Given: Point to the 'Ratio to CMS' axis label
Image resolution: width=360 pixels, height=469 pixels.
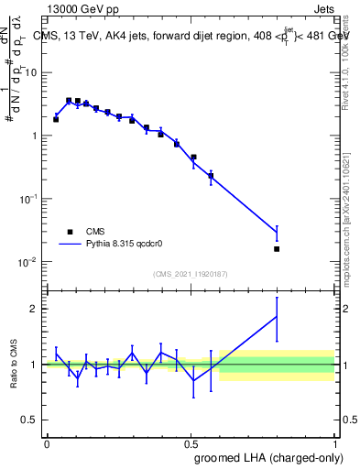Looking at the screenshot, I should (15, 365).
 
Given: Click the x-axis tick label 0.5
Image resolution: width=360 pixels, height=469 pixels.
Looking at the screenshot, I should (191, 443).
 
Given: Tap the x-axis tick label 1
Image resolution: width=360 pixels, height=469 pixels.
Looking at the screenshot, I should (333, 443).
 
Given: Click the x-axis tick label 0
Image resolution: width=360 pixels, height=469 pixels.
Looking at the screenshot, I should (47, 443).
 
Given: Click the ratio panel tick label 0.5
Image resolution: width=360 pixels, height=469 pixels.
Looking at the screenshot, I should (31, 421).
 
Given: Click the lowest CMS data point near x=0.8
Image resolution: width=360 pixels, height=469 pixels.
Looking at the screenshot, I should (277, 248).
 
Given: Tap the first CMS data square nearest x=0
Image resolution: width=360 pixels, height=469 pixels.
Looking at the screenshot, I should (56, 119).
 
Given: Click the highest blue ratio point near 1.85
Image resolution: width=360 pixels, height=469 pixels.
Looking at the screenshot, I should (277, 316).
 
